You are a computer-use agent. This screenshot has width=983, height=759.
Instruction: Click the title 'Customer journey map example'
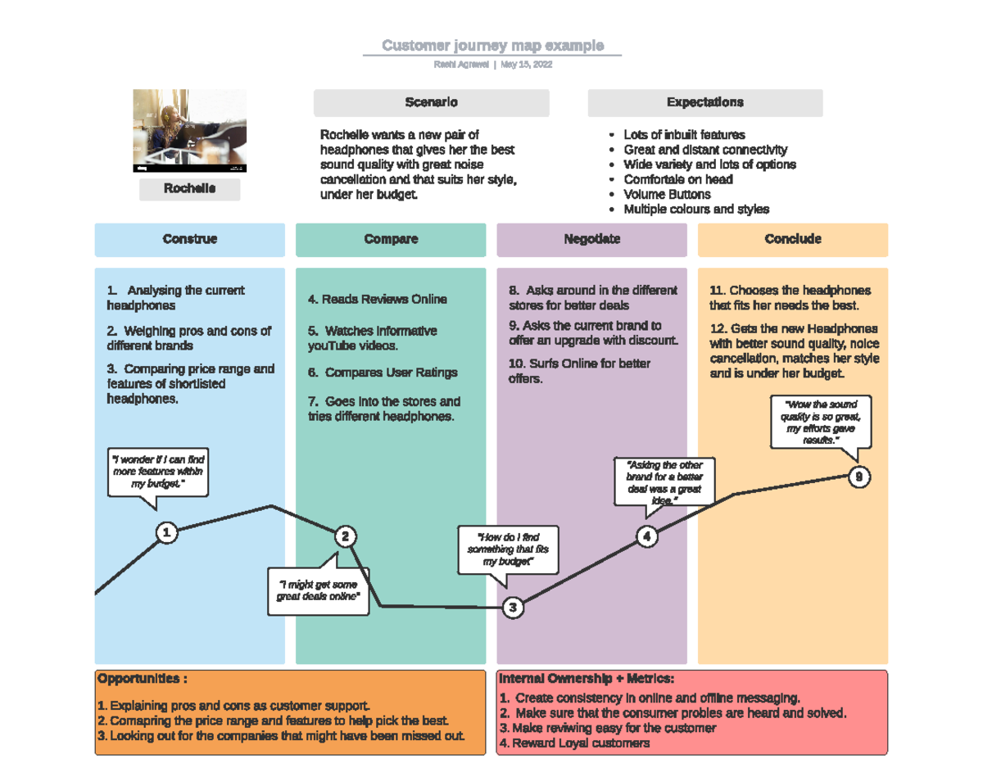[x=492, y=46]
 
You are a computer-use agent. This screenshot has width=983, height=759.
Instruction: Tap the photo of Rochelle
[x=189, y=131]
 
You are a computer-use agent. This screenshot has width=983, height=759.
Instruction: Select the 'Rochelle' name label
[x=189, y=189]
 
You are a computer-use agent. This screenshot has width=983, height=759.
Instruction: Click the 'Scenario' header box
[x=431, y=103]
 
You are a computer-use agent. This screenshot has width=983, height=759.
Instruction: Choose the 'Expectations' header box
[x=704, y=103]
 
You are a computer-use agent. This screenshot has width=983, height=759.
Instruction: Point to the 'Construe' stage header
[x=189, y=240]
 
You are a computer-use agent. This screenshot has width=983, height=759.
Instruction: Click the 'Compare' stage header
[x=391, y=240]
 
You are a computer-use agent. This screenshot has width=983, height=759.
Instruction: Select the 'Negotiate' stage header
[x=591, y=240]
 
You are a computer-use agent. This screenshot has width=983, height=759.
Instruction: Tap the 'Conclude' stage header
[x=792, y=240]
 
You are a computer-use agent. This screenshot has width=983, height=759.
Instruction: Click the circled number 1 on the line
[x=166, y=534]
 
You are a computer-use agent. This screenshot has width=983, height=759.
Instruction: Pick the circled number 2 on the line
[x=346, y=537]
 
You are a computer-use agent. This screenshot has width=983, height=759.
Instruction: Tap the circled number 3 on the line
[x=513, y=608]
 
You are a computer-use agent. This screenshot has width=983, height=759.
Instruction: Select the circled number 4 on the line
[x=647, y=537]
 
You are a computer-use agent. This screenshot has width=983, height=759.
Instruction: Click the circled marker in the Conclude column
[x=858, y=477]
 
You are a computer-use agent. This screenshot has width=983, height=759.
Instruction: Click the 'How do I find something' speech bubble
[x=508, y=549]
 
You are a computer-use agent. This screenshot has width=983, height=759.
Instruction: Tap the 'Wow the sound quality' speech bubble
[x=820, y=422]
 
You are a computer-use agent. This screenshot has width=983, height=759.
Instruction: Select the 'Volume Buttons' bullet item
[x=667, y=195]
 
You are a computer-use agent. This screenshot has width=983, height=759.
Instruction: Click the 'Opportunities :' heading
[x=143, y=680]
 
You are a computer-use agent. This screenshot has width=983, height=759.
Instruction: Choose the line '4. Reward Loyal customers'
[x=574, y=743]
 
